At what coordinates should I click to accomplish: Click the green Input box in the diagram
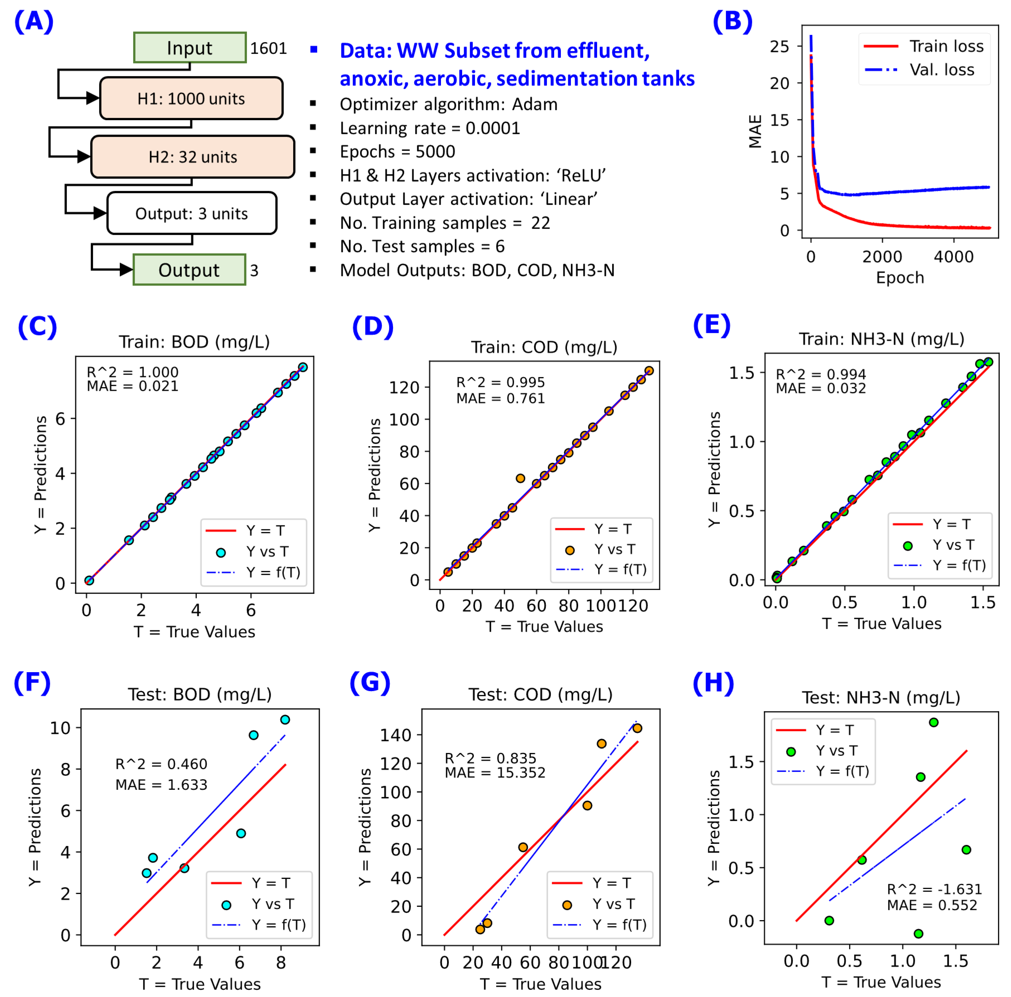click(190, 48)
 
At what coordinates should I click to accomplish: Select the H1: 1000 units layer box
click(191, 98)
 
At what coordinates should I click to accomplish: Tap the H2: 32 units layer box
click(193, 157)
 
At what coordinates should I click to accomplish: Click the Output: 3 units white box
click(191, 213)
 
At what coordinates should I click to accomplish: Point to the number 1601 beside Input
click(268, 48)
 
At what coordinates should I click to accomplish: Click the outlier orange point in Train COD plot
click(520, 478)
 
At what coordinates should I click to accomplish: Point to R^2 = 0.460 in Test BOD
click(161, 764)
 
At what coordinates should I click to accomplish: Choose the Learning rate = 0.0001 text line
click(430, 128)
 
